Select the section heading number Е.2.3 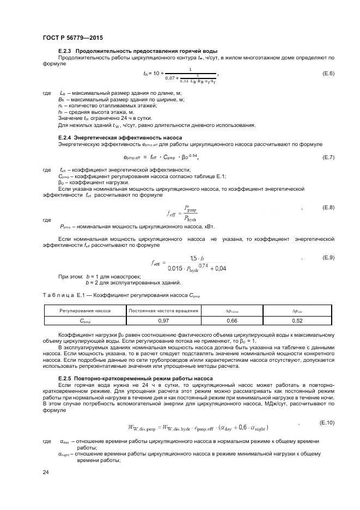point(65,51)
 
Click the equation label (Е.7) point(328,157)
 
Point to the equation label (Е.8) point(328,208)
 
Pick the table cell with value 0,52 point(297,320)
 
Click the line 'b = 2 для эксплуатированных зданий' point(133,282)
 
